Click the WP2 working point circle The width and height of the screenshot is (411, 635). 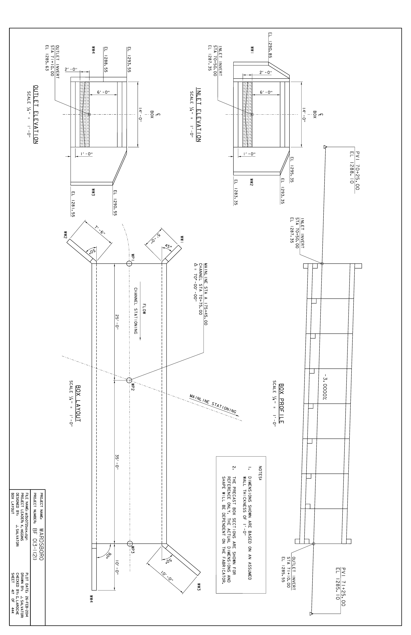click(x=129, y=380)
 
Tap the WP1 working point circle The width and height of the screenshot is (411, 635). click(x=129, y=264)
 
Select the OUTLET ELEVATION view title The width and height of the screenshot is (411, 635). click(x=35, y=114)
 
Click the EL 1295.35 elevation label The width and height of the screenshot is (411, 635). click(x=292, y=170)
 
